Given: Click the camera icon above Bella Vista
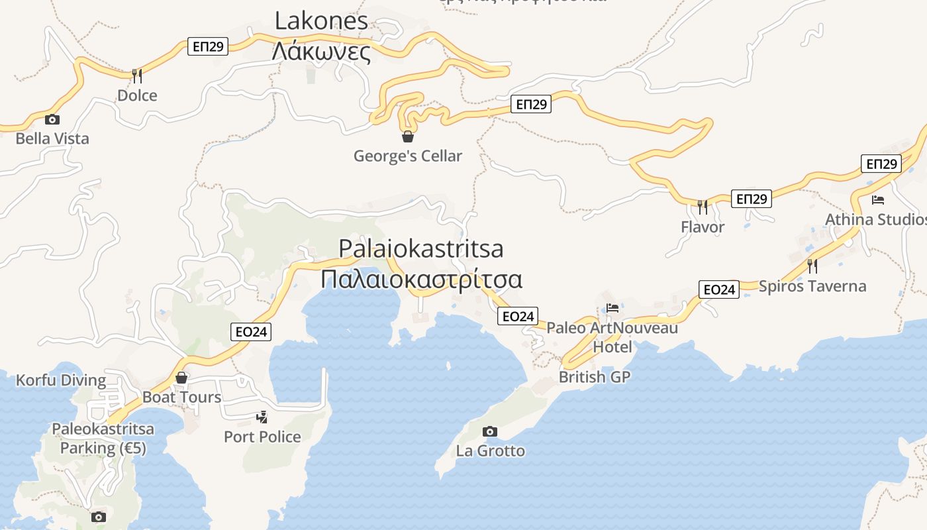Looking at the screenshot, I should tap(52, 120).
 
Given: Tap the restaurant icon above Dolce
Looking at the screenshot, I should tap(137, 76).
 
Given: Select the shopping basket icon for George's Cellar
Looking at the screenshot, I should tap(408, 136).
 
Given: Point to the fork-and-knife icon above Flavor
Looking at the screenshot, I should tap(703, 207).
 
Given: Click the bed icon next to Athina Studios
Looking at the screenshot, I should tap(878, 199).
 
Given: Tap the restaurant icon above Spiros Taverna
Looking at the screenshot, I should tap(812, 266).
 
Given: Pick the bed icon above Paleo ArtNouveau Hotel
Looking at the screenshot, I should tap(612, 308).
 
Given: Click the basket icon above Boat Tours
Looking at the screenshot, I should tap(181, 378).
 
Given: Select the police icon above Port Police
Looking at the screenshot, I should tap(262, 417).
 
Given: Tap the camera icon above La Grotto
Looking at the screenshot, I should tap(490, 432).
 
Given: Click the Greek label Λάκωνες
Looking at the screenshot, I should tap(321, 51).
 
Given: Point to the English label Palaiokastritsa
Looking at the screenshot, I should tap(421, 248).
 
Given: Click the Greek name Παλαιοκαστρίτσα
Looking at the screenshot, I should tap(421, 279).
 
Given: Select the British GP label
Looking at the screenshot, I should tap(595, 377).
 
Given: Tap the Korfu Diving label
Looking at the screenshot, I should tap(61, 380).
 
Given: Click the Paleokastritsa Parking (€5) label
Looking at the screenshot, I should tap(103, 439).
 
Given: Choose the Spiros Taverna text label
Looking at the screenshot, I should tap(812, 286).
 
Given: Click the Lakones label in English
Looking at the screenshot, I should tap(321, 21).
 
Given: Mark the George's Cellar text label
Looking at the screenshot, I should tap(408, 156).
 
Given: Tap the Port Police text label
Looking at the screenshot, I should tap(262, 437).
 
